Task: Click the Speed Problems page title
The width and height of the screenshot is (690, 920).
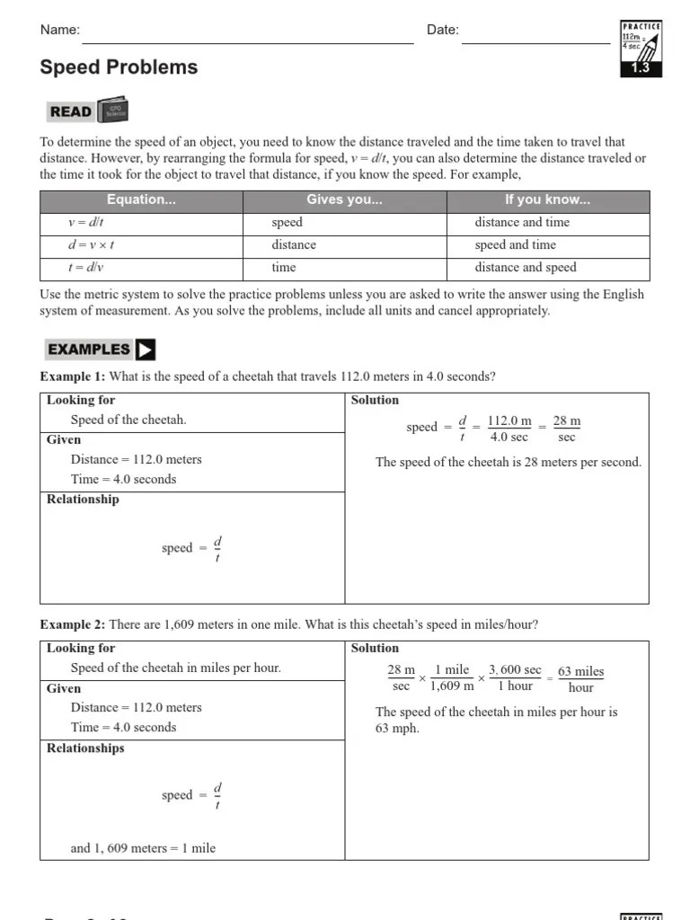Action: (119, 67)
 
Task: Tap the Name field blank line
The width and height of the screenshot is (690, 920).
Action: (247, 40)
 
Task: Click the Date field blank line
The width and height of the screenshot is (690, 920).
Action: (535, 40)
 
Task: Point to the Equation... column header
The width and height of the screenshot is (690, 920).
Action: (141, 200)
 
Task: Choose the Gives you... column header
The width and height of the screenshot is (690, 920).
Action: (344, 200)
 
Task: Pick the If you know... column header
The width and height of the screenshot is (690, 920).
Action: (547, 200)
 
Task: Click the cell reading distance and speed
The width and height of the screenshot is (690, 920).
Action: (526, 268)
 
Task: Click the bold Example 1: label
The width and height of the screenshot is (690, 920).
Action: (73, 376)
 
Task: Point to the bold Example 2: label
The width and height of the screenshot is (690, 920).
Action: (73, 624)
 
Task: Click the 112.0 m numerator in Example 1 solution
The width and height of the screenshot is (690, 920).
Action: (509, 420)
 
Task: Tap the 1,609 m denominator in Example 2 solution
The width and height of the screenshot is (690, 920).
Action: (452, 686)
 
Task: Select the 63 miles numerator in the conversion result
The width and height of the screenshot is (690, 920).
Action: (580, 672)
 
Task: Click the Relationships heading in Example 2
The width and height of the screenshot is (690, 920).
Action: (85, 748)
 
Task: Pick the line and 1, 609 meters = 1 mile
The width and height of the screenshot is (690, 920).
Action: (143, 847)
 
